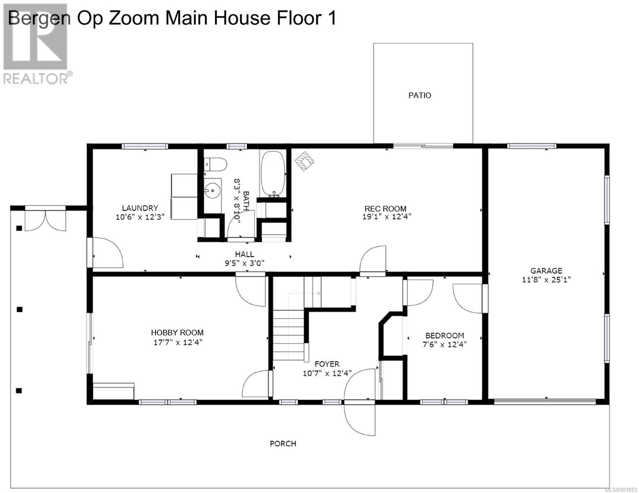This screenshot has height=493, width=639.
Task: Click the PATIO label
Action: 420,95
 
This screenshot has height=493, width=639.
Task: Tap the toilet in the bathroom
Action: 216,164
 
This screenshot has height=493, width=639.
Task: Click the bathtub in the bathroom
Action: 273,173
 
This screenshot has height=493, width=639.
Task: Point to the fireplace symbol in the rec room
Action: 305,161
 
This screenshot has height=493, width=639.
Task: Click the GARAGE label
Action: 546,271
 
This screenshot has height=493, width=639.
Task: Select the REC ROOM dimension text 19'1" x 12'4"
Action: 387,217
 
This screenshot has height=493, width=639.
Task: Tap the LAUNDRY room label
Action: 140,208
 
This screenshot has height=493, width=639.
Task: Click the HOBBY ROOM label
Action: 177,333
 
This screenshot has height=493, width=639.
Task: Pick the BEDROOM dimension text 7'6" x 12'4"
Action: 445,344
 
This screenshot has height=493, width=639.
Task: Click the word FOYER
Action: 327,364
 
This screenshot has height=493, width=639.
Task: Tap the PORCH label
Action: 283,444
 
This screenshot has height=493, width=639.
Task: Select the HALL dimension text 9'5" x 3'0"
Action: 244,263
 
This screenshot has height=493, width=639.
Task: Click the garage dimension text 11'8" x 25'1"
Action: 546,279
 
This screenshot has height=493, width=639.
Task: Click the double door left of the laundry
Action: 45,219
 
